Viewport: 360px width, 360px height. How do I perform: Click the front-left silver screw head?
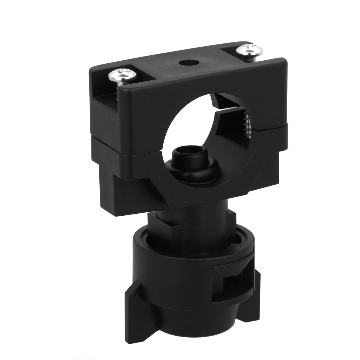tap(122, 75)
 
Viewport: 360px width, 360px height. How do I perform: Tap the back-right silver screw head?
tap(249, 50)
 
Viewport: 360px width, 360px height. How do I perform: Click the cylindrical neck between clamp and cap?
tap(193, 224)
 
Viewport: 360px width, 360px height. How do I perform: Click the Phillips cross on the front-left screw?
tap(122, 74)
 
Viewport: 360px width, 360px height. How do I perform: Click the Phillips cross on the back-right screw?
tap(249, 50)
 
